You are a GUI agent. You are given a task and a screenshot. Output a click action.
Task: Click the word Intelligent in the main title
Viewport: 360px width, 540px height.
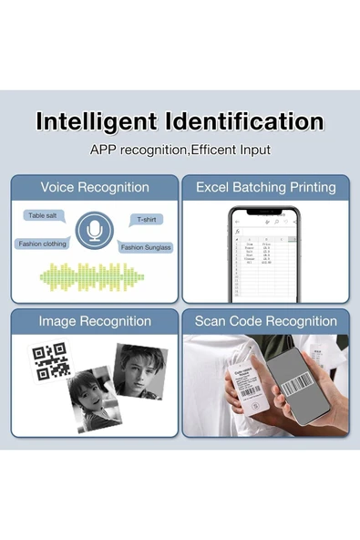point(94,122)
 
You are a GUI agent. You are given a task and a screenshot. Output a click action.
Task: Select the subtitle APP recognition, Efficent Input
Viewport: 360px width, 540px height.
point(180,150)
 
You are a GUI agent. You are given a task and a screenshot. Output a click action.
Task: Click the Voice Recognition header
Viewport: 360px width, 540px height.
point(95,187)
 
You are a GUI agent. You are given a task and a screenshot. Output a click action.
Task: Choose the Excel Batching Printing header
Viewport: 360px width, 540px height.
point(266,187)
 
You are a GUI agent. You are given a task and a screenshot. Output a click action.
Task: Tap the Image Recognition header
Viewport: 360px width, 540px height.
point(95,321)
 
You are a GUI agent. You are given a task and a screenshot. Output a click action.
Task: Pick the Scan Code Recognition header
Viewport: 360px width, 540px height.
point(266,321)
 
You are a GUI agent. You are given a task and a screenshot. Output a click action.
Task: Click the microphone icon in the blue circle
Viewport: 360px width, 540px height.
point(93,232)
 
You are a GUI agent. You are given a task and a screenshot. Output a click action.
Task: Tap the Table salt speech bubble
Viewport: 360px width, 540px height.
point(43,215)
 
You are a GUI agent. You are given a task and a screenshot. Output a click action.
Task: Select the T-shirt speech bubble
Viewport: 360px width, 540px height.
point(146,220)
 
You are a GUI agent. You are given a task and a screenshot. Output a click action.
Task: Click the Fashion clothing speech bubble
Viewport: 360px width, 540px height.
point(42,244)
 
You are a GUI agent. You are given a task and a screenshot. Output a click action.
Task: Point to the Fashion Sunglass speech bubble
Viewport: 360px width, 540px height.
point(146,247)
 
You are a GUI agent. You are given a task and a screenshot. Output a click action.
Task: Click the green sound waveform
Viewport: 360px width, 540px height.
point(93,276)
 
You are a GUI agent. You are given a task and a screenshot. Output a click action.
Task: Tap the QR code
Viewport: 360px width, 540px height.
point(51,361)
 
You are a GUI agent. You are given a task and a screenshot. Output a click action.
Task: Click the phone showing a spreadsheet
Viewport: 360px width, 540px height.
point(264,255)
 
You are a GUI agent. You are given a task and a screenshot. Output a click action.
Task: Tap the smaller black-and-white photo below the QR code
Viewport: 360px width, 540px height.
point(95,398)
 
